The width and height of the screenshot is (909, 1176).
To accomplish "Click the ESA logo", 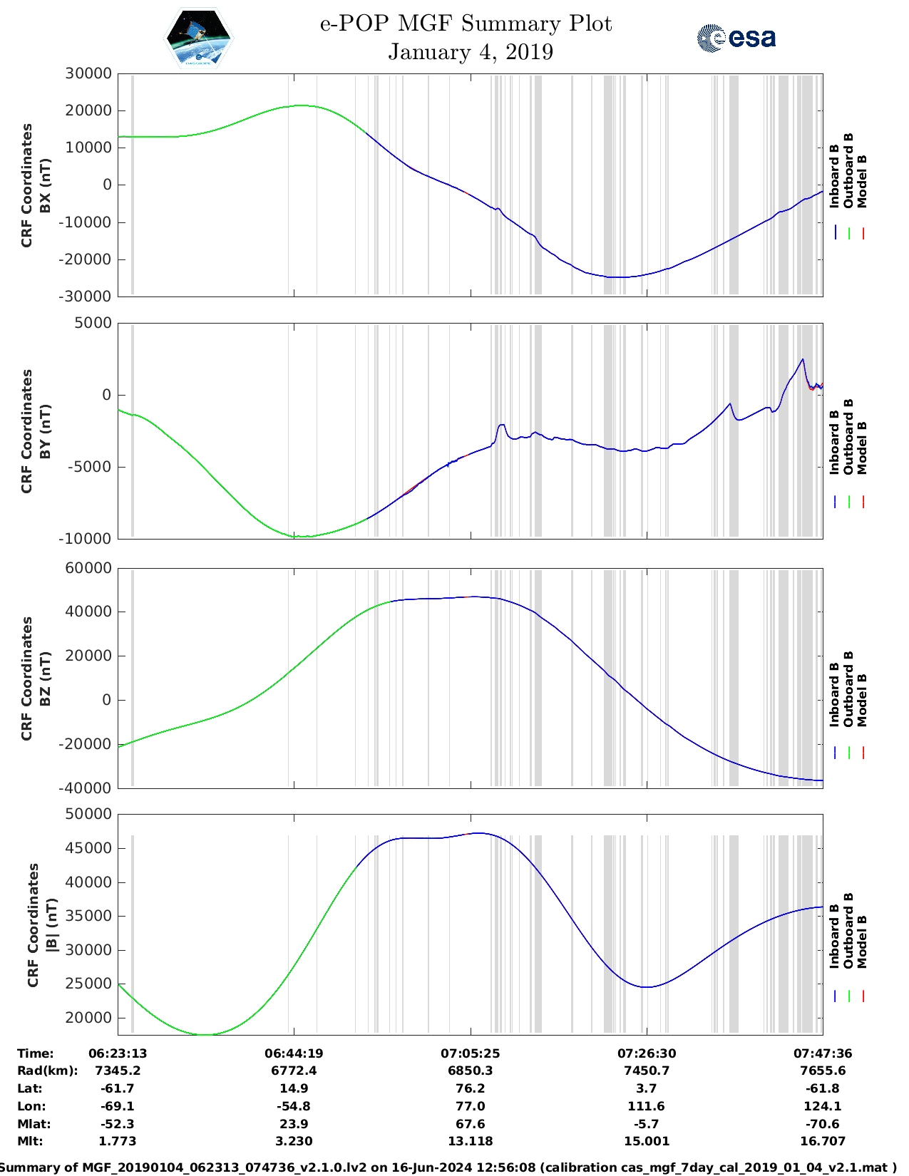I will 736,38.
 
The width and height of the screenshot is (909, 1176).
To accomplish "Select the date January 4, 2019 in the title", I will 471,52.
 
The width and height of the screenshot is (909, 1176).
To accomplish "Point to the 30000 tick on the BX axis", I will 88,73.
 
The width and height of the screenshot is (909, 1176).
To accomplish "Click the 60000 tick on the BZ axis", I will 88,568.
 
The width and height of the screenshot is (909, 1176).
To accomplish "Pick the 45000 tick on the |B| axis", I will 88,848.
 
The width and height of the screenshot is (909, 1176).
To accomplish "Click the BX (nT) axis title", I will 45,185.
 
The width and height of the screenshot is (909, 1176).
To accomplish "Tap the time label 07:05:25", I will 470,1053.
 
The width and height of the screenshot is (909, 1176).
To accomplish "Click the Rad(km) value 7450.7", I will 647,1071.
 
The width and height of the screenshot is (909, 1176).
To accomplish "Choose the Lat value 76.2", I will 470,1088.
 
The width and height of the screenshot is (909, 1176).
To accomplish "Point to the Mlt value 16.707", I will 823,1141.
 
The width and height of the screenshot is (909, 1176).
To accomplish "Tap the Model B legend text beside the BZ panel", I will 862,700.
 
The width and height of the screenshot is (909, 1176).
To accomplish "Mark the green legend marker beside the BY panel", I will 849,502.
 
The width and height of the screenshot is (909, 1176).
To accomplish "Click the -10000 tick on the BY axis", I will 88,539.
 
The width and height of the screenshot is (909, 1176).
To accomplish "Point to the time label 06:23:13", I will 118,1053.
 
